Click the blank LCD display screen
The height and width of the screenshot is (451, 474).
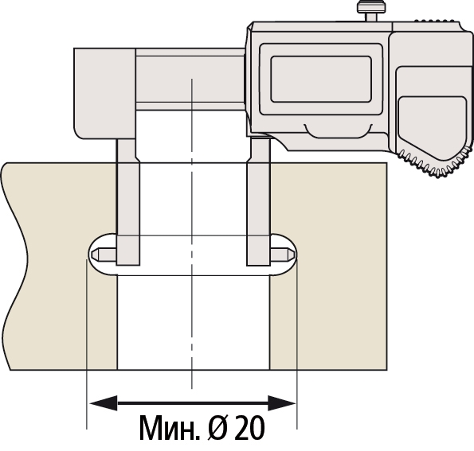tap(321, 79)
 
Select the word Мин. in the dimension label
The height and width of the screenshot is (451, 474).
tap(170, 428)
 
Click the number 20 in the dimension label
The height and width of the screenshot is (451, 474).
tap(249, 428)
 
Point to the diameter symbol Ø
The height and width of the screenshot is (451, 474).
tap(217, 428)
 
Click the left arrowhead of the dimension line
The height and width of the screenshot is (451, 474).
tap(104, 403)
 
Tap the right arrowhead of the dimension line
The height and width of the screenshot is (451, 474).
tap(282, 403)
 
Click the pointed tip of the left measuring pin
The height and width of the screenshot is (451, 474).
tap(92, 255)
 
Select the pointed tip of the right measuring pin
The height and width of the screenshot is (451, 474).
tap(293, 255)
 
